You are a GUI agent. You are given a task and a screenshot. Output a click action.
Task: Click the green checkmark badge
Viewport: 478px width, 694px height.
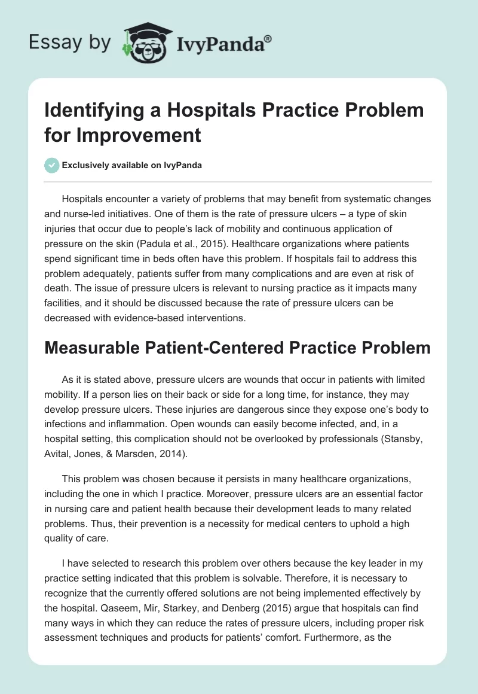pos(51,165)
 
